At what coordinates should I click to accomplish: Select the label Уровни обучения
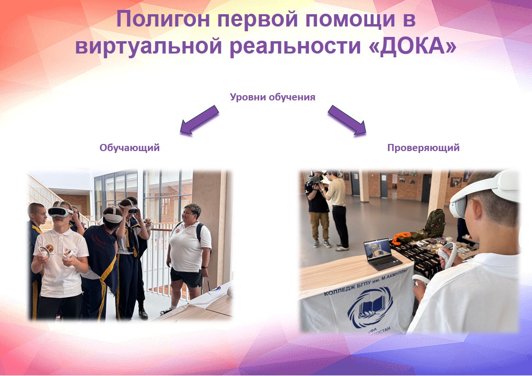pos(272,97)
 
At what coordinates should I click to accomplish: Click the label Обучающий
pos(130,148)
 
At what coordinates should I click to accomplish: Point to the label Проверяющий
pos(424,148)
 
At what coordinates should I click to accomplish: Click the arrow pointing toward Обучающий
pos(199,120)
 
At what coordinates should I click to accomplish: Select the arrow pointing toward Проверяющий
pos(347,120)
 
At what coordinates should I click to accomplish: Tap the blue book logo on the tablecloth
pos(370,307)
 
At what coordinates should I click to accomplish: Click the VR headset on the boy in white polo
pos(60,212)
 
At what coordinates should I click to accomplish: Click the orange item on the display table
pos(402,237)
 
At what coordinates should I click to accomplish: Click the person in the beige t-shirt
pos(338,211)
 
